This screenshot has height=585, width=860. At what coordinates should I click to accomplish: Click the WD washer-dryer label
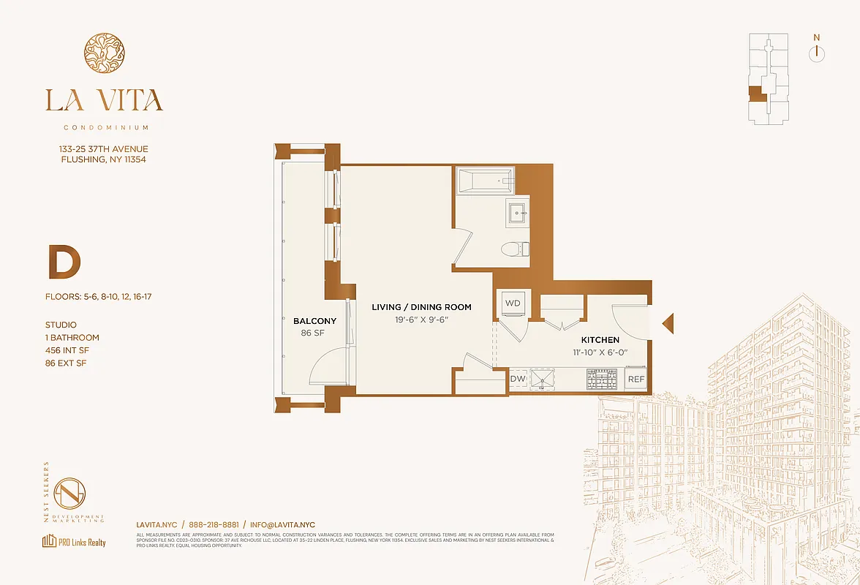point(513,303)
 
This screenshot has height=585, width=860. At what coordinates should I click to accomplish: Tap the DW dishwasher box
point(518,379)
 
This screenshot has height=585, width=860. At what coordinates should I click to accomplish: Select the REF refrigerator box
point(635,379)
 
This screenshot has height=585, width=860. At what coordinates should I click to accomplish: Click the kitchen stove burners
point(602,379)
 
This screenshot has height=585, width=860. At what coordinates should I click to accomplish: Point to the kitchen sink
point(543,379)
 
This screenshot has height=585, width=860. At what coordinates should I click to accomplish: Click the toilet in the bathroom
point(514,249)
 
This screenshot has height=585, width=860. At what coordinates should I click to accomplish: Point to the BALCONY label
point(314,321)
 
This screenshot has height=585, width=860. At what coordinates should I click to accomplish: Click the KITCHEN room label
point(600,340)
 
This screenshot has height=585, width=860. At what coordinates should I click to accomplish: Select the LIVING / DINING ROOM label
point(420,307)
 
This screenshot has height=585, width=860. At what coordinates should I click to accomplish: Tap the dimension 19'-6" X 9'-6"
point(420,319)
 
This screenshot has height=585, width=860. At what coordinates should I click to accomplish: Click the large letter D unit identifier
point(64,264)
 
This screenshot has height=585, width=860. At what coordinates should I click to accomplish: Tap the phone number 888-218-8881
point(214,525)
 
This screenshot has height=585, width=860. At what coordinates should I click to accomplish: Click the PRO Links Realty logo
point(74,542)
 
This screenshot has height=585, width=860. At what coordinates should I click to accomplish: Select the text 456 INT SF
point(71,350)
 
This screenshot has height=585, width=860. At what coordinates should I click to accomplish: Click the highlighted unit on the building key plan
point(756,93)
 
